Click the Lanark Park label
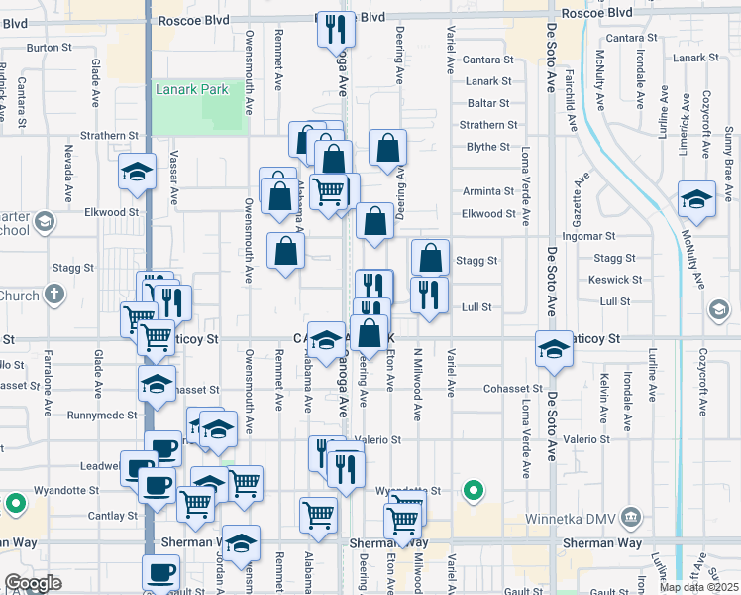(x=192, y=90)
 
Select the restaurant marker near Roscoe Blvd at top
(x=335, y=29)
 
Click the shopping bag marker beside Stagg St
(x=431, y=258)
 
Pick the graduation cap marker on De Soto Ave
(x=554, y=348)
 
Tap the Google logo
(x=33, y=583)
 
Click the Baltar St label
(x=489, y=103)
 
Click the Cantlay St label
(x=112, y=516)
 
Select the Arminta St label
(x=488, y=191)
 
